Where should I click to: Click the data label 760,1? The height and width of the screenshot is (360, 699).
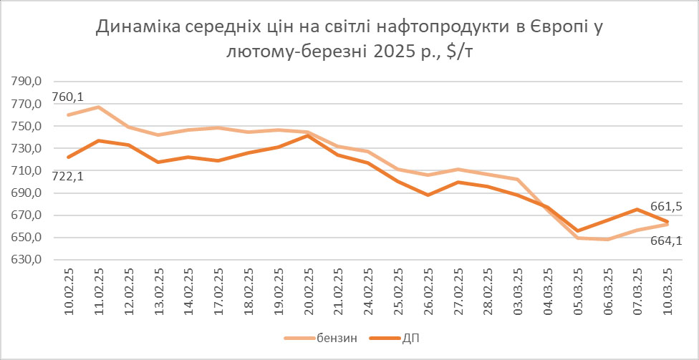click(x=68, y=97)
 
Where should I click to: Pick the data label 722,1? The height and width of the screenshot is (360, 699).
click(x=68, y=176)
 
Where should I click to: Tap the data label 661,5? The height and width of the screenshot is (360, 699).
click(x=665, y=207)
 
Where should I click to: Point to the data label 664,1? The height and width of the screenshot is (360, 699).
click(x=665, y=240)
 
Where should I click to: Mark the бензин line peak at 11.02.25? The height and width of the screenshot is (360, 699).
click(x=98, y=107)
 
